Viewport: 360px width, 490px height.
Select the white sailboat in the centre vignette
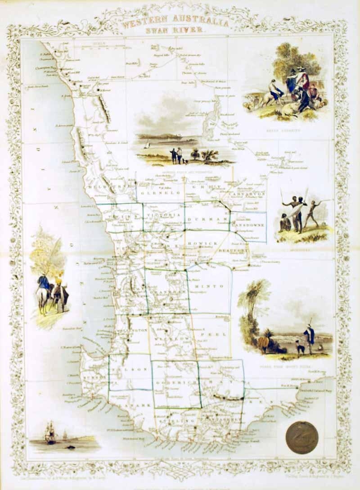(x=147, y=145)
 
